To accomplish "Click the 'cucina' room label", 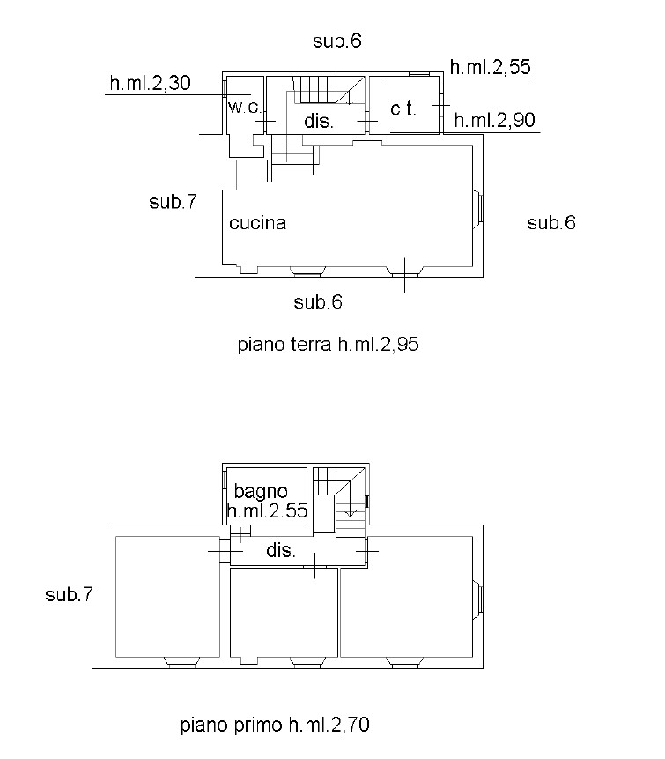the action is [257, 223].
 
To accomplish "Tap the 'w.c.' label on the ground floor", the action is [245, 107].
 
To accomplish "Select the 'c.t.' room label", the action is [403, 109].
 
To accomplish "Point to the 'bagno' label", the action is [261, 492].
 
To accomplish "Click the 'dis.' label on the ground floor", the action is [319, 121].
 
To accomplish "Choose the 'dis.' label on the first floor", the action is [281, 550].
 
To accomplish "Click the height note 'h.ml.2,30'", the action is [151, 83].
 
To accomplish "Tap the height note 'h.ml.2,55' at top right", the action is [491, 67].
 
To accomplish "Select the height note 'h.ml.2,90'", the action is [495, 120].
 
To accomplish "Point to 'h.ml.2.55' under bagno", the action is [267, 510].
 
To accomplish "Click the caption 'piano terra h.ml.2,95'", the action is [328, 345].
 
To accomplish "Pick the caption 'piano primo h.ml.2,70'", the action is [275, 725].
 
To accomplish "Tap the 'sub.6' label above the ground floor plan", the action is [337, 41].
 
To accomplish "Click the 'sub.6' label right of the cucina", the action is [551, 223].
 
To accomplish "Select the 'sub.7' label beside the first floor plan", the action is [69, 594].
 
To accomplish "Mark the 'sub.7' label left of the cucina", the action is [174, 201].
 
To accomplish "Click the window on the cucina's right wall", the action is [477, 205].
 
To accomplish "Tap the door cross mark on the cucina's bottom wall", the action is [405, 275].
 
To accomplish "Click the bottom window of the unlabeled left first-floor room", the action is [181, 662].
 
